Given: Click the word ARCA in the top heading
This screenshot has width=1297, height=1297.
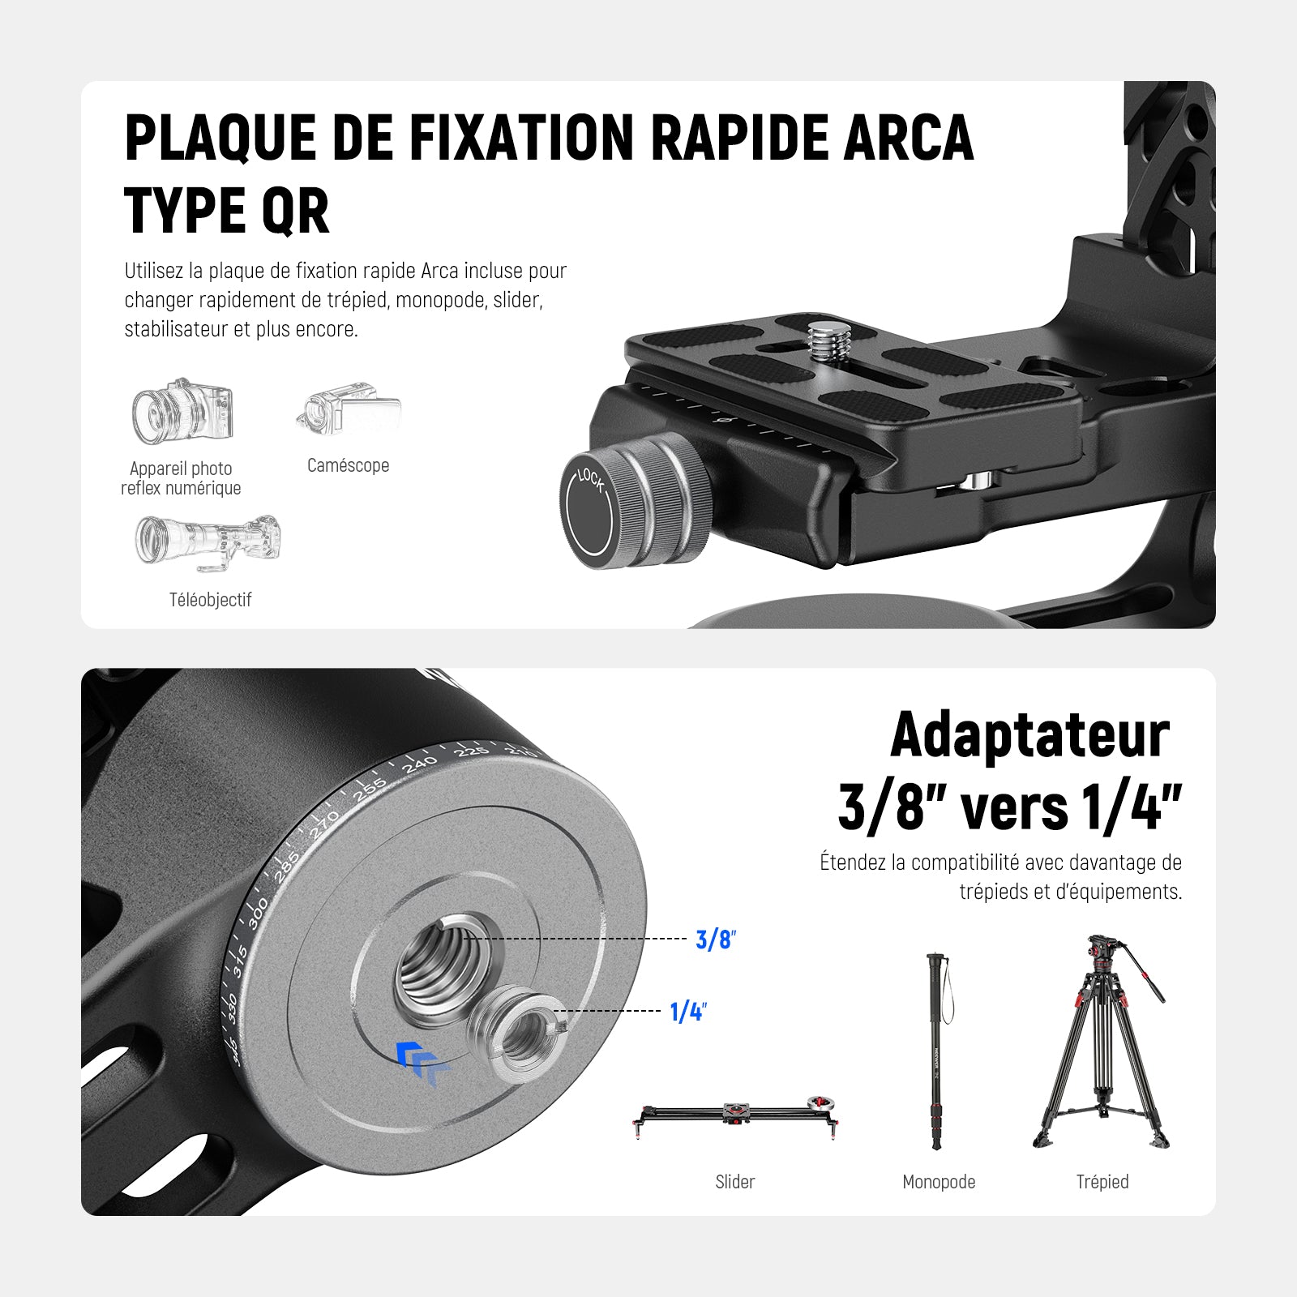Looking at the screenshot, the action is tap(909, 137).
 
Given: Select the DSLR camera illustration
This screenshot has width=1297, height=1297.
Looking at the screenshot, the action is tap(182, 411).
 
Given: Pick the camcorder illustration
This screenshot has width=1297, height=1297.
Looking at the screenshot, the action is tap(349, 410).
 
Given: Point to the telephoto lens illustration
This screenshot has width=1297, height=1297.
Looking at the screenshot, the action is tap(208, 541).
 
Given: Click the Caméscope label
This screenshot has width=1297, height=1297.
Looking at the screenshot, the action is tap(348, 465).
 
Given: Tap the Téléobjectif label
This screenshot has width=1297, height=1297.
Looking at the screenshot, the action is tap(210, 600).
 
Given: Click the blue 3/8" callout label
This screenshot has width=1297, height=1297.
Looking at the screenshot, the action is tap(715, 940).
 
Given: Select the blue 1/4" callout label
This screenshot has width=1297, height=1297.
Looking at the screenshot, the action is tap(688, 1012).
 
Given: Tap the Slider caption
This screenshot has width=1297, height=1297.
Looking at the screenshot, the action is tap(734, 1182).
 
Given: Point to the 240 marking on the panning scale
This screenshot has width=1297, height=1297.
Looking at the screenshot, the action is tap(419, 764).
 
